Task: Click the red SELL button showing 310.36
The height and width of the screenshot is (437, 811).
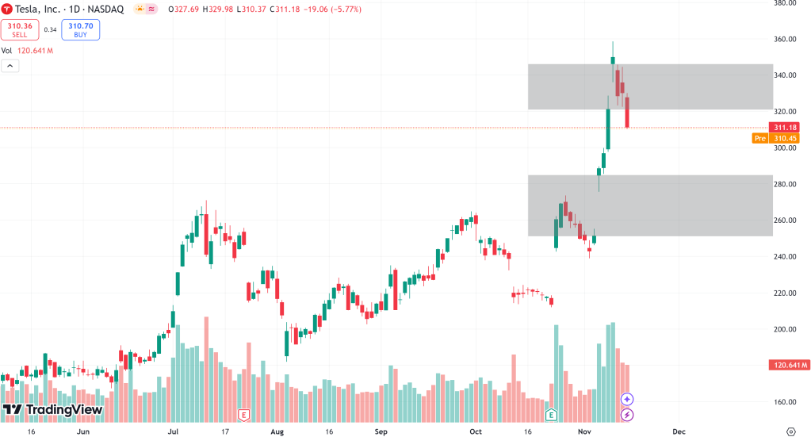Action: (19, 30)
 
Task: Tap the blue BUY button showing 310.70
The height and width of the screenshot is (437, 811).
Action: (81, 30)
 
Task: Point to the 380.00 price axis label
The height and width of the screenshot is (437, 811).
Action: (785, 3)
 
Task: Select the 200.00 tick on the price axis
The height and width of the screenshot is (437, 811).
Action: (785, 329)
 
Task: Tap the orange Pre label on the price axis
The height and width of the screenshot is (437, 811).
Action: (760, 138)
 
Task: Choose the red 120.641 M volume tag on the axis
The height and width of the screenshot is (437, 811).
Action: (788, 365)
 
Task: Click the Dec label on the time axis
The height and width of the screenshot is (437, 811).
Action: (679, 431)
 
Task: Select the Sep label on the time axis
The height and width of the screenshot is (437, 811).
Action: (381, 431)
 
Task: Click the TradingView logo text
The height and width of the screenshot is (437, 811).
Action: (53, 409)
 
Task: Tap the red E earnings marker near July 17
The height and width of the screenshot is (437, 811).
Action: (244, 415)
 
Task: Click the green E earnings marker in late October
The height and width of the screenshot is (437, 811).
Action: (551, 414)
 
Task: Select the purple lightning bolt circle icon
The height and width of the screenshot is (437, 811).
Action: (627, 414)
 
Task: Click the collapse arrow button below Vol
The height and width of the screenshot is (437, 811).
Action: (9, 66)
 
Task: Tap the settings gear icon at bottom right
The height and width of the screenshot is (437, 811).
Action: (790, 431)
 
